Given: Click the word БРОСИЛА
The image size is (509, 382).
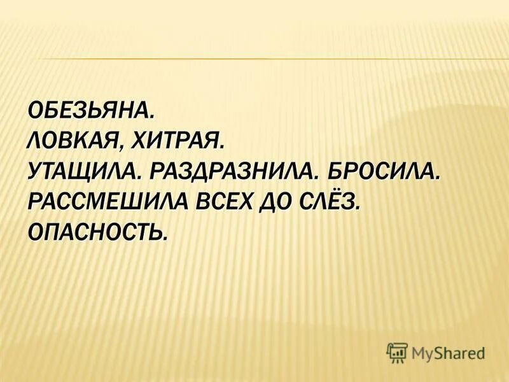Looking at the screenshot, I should click(380, 171).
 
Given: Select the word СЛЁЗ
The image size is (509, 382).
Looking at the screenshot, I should click(331, 201).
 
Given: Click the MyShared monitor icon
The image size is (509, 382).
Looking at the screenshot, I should click(396, 351).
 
